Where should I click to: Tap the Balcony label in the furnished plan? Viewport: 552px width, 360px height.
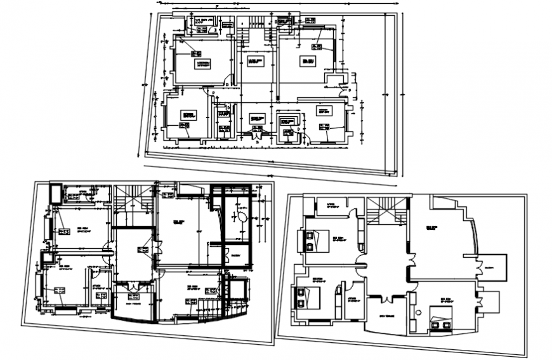point(489,269)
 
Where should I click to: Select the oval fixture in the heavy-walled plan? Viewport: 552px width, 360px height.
point(242,216)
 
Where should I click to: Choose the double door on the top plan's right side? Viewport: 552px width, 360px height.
point(345,91)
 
